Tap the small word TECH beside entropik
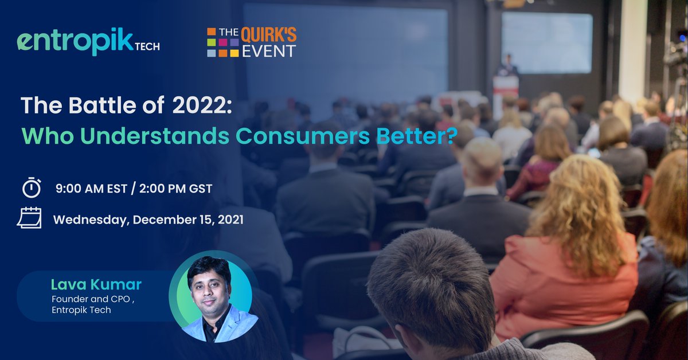(x=147, y=46)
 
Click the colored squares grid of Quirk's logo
(x=223, y=42)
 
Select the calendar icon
(x=29, y=218)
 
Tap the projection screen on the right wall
(x=546, y=42)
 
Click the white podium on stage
(x=506, y=92)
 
